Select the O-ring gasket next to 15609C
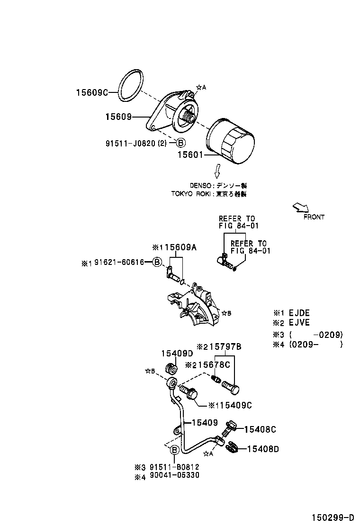tap(130, 86)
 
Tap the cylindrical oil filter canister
tap(231, 139)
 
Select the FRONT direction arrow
tap(300, 208)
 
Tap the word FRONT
tap(314, 217)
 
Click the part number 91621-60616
tap(119, 262)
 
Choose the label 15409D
tap(177, 354)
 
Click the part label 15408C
tap(260, 429)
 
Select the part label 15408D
tap(263, 448)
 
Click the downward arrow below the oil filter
tap(217, 171)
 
